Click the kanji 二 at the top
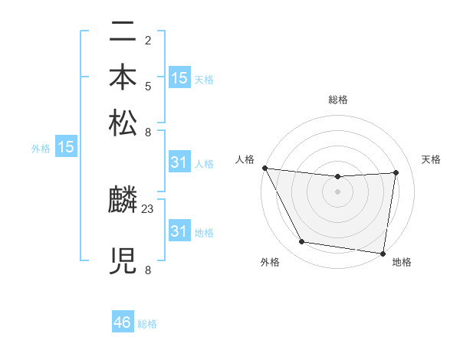(x=123, y=34)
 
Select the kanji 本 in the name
(x=123, y=78)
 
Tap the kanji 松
(x=123, y=123)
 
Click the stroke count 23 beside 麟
(x=149, y=208)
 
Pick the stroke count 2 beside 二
(x=147, y=40)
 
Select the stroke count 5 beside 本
(x=147, y=86)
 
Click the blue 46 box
(x=123, y=322)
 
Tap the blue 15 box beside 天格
(x=179, y=77)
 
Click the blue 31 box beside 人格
(x=179, y=162)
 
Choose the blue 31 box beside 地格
(x=179, y=231)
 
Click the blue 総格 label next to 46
(x=147, y=324)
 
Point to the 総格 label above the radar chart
(x=337, y=100)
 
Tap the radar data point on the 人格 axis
(x=264, y=168)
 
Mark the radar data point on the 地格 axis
(x=383, y=253)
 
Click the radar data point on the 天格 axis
(x=396, y=172)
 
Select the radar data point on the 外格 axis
(x=301, y=242)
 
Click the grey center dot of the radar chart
(x=337, y=191)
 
